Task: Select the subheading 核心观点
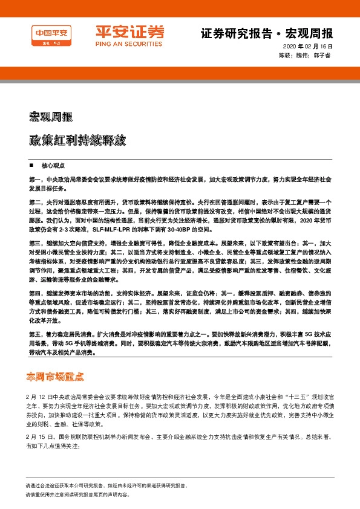[51, 164]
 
